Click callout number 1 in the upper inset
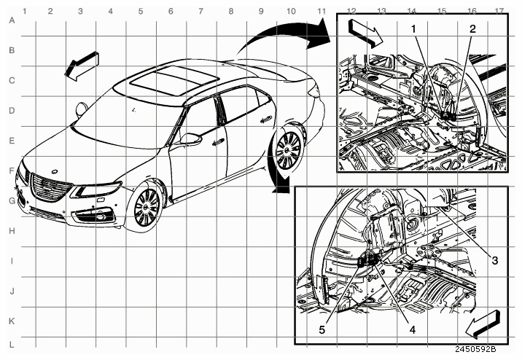point(413,29)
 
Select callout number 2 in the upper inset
point(472,29)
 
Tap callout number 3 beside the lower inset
point(495,260)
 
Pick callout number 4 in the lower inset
point(413,329)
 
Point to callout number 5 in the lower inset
point(322,329)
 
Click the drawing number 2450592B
point(475,349)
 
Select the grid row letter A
point(12,20)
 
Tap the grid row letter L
point(12,345)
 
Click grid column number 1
point(24,12)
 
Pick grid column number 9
point(261,12)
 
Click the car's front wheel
point(147,208)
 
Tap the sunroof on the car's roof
point(174,80)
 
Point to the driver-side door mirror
point(190,138)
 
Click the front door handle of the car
point(218,142)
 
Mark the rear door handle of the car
point(266,120)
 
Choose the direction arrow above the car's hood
point(82,66)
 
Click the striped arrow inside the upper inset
point(365,32)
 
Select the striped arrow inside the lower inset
point(483,324)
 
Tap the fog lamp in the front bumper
point(99,218)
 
